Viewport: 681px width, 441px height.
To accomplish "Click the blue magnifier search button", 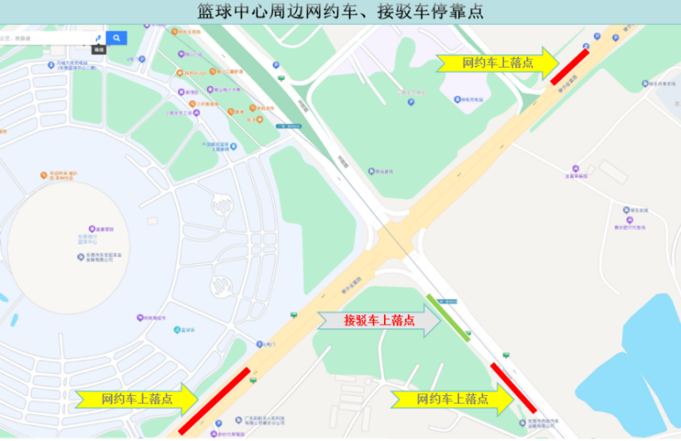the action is coord(117,38).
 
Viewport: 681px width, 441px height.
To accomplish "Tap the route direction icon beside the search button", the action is coord(98,38).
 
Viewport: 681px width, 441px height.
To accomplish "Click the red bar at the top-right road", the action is coord(569,65).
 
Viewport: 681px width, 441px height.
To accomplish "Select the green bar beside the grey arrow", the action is coord(449,317).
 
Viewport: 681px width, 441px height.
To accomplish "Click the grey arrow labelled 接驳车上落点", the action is coord(380,320).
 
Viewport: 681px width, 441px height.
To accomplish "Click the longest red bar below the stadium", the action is coord(214,401).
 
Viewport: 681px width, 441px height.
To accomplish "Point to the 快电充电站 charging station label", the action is coord(451,98).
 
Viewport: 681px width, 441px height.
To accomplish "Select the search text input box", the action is coord(46,38).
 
